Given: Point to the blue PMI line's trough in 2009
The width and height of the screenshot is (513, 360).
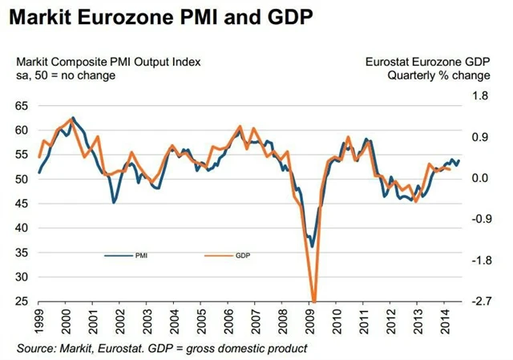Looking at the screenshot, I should click(313, 247).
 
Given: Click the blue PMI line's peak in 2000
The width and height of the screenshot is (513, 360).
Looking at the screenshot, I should click(73, 118).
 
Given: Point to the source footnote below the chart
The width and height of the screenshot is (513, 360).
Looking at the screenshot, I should click(161, 348).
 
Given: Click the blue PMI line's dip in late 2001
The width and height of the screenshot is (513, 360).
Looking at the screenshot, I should click(114, 203).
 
